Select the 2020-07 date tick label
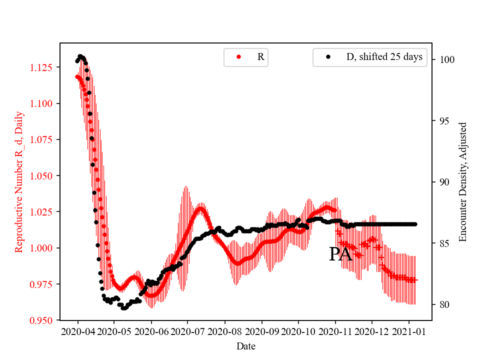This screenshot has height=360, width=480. point(188,331)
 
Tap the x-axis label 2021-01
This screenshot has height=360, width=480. point(409,331)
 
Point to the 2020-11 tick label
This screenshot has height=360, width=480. point(335,331)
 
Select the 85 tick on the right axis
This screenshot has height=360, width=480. point(443,243)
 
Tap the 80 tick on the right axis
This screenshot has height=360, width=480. point(443,305)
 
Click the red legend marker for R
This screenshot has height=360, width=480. point(238,57)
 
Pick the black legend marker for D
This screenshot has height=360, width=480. point(328,57)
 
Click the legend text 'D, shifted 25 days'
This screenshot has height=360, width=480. point(384,57)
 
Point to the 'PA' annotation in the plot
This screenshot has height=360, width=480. point(340,254)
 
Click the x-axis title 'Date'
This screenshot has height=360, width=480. point(245,346)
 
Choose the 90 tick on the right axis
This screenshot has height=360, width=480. point(443,182)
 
